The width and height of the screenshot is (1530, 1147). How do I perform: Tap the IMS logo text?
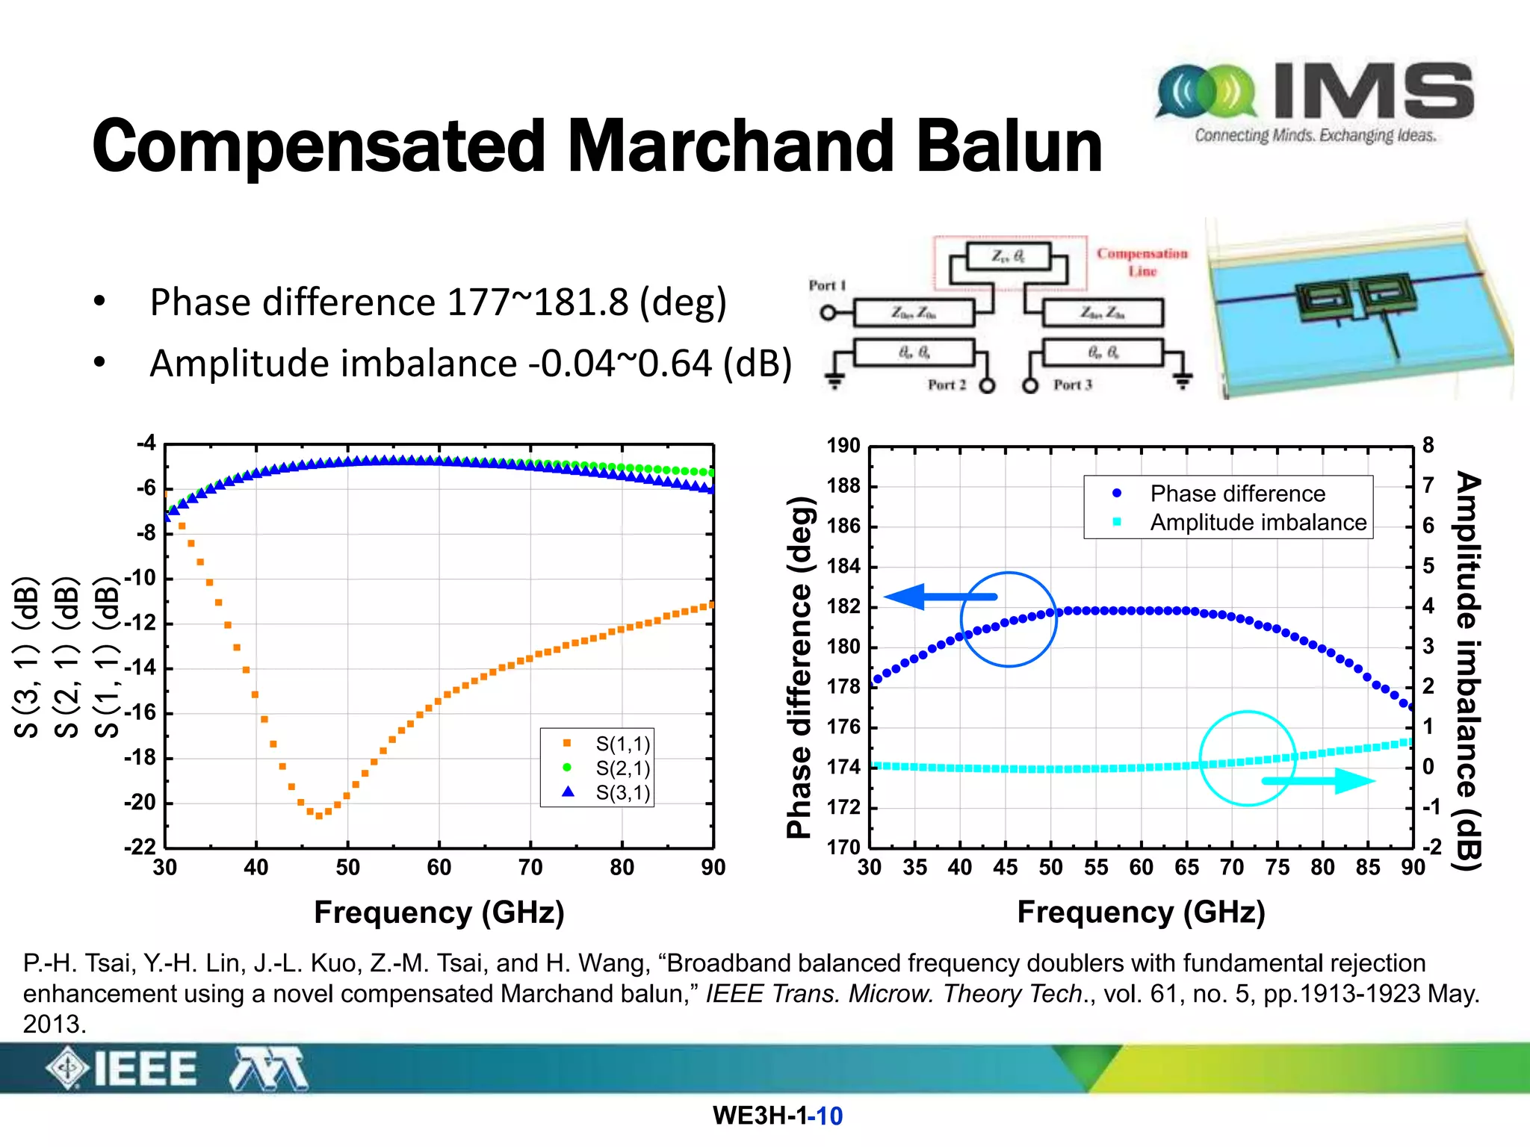(1373, 91)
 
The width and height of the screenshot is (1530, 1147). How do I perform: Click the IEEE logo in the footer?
(123, 1069)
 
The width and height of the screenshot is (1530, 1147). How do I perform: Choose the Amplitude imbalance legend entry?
(1257, 522)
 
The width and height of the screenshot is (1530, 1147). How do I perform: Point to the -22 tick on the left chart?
(140, 847)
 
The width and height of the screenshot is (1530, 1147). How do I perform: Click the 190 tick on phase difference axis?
(843, 446)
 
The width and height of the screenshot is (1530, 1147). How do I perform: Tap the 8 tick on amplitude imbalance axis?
(1428, 446)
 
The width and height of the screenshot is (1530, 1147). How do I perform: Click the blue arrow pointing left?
(939, 597)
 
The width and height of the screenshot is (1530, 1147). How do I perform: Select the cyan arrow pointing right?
(1318, 781)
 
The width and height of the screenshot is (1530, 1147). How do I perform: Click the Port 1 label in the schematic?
(826, 285)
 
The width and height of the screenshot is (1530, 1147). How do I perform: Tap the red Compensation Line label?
(1142, 262)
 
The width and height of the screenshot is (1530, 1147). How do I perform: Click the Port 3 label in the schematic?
(1072, 385)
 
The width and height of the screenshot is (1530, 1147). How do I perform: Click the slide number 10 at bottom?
(829, 1116)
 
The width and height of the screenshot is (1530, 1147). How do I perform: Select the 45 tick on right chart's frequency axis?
(1005, 868)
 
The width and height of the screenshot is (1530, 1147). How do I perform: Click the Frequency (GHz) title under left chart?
(439, 913)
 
